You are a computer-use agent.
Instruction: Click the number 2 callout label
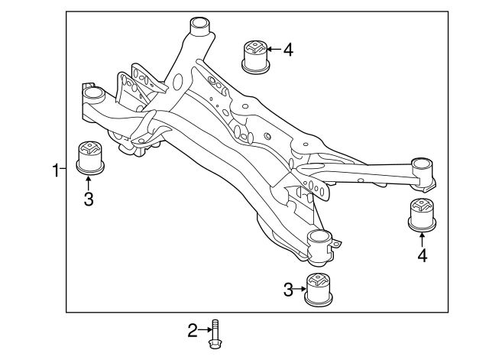[x=193, y=330]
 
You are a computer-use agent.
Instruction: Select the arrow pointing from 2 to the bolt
[x=204, y=330]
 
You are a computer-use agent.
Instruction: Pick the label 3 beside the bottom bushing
[x=289, y=289]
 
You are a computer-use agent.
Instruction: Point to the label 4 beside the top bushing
[x=287, y=50]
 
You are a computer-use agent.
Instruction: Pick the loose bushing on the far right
[x=421, y=213]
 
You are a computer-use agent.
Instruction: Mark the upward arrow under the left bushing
[x=89, y=183]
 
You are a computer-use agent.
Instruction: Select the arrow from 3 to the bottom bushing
[x=301, y=289]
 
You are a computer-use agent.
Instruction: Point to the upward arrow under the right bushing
[x=422, y=238]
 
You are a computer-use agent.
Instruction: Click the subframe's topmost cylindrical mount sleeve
[x=200, y=27]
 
